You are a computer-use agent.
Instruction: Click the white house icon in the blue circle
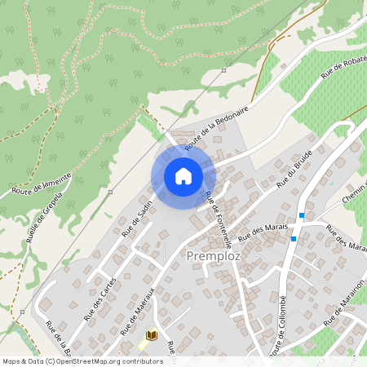tap(183, 175)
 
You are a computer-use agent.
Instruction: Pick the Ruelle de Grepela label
tap(38, 221)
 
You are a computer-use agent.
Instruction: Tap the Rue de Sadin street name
tap(137, 219)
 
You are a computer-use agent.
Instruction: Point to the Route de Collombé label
tap(277, 326)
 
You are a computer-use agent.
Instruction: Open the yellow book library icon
tap(151, 335)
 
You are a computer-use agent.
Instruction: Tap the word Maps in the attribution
tap(11, 361)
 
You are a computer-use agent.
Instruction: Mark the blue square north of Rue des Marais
tap(302, 215)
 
